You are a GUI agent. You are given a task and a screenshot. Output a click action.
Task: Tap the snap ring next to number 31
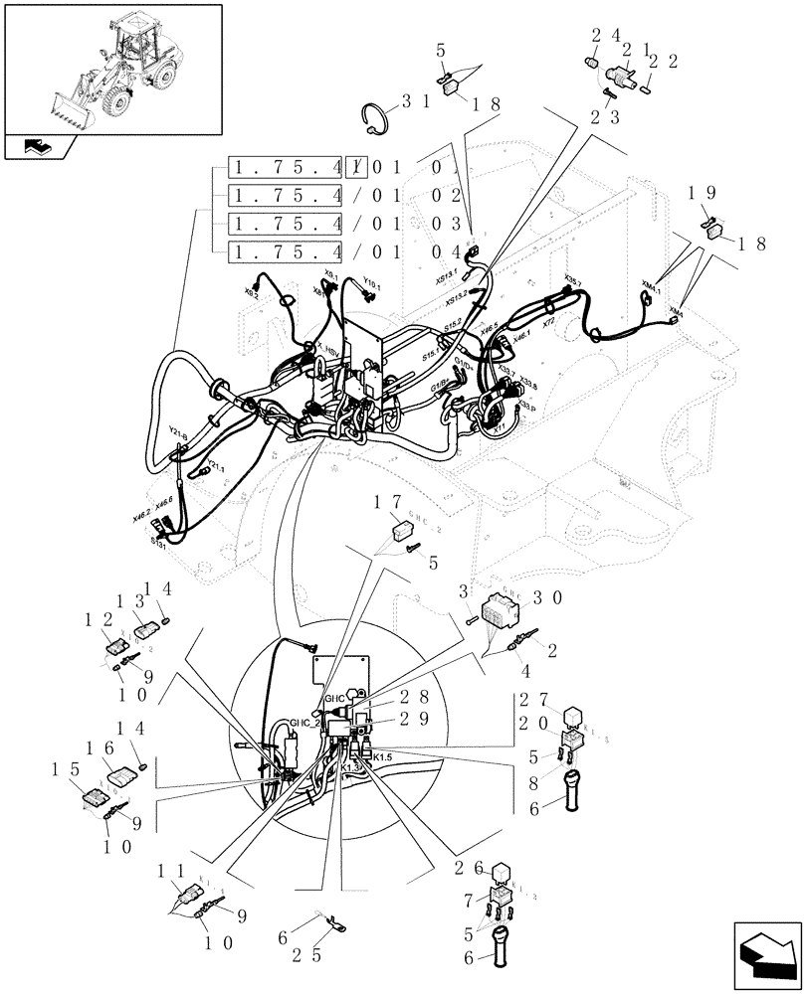pyautogui.click(x=374, y=118)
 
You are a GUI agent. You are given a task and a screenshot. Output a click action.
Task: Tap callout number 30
pyautogui.click(x=548, y=597)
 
